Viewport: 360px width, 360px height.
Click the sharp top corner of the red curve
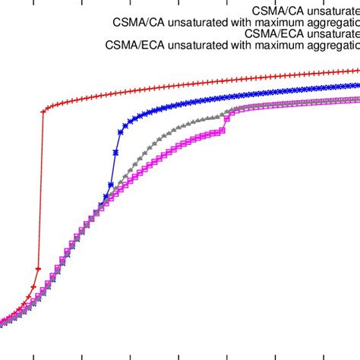tap(43, 110)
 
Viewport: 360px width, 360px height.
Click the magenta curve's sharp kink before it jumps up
tap(223, 131)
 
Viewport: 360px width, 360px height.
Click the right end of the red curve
tap(358, 71)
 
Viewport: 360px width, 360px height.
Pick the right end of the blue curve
tap(358, 85)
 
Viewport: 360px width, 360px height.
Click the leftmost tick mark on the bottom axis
tap(34, 355)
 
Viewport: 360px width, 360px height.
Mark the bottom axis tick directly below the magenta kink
tap(226, 355)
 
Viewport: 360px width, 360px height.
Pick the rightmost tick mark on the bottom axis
tap(324, 355)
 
